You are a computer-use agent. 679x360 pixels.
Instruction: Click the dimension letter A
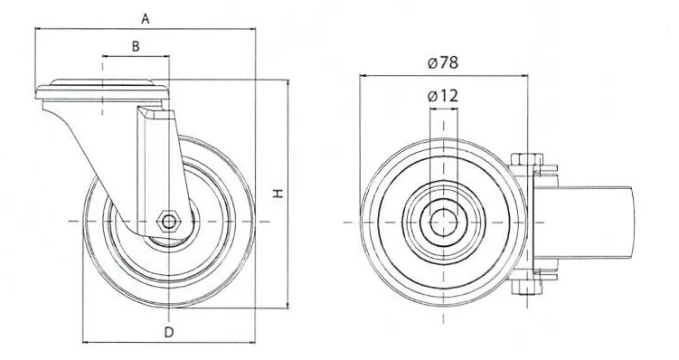coord(146,19)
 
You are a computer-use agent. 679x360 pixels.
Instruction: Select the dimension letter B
coord(136,46)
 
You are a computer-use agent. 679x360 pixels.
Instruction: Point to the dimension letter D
coord(169,332)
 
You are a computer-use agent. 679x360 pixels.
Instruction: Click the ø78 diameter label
coord(442,62)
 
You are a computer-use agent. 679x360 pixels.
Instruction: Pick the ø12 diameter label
coord(442,96)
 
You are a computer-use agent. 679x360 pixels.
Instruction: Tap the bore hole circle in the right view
coord(443,223)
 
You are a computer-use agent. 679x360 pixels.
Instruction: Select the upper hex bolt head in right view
coord(526,159)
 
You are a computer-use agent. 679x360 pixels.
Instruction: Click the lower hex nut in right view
coord(526,287)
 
